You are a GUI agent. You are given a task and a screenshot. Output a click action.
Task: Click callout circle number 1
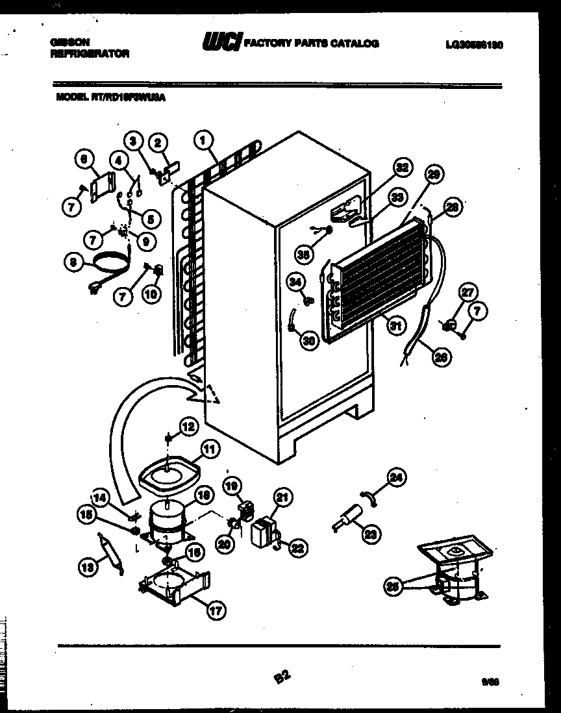point(204,138)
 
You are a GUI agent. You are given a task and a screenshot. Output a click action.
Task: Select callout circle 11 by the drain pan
point(210,447)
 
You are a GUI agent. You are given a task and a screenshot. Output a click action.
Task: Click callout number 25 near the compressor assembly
point(392,586)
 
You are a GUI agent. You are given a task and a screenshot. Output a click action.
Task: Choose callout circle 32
point(403,167)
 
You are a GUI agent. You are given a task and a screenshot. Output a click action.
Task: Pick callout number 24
point(395,479)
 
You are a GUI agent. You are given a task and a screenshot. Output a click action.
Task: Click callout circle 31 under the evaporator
point(394,326)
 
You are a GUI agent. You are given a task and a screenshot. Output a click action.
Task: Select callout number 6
point(85,158)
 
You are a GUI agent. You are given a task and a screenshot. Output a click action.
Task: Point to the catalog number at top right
point(475,45)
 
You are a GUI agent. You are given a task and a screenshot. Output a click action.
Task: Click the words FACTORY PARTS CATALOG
point(312,44)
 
